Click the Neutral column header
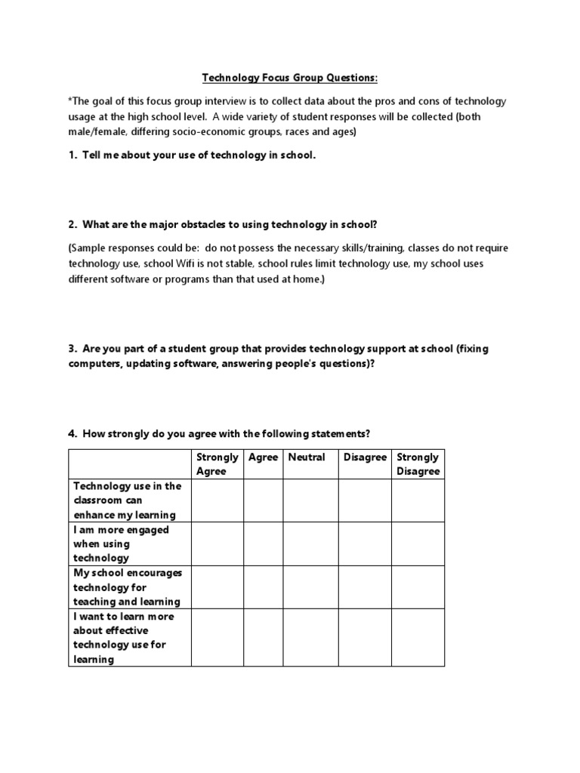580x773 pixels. pos(307,457)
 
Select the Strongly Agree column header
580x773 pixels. pos(217,464)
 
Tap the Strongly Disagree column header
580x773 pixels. pos(417,464)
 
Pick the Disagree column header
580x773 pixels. pos(365,457)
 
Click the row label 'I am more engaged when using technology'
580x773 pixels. pos(121,544)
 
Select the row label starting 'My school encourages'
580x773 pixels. pos(127,587)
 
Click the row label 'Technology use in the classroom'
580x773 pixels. pos(127,500)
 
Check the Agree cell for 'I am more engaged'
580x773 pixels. pos(263,544)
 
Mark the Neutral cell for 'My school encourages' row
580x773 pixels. pos(310,587)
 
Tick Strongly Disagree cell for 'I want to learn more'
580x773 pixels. pos(417,638)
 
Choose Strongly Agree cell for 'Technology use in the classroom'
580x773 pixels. pos(217,500)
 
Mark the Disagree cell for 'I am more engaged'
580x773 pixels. pos(364,544)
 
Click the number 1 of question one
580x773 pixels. pos(72,156)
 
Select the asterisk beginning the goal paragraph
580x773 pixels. pos(70,100)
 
